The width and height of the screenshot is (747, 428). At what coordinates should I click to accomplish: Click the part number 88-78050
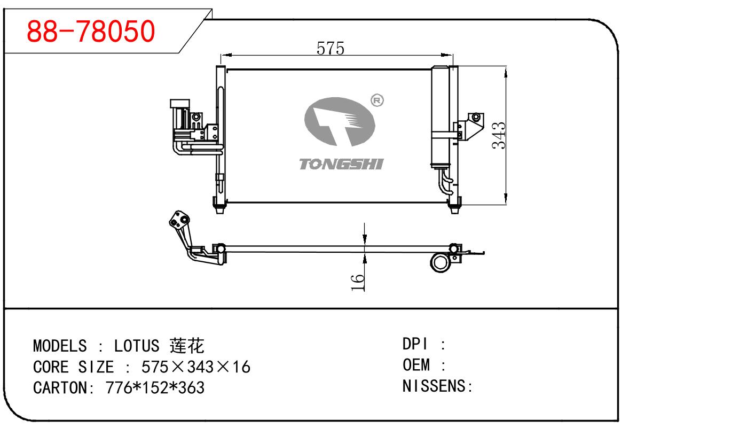coord(91,32)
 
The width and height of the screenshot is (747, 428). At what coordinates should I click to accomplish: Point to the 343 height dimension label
coord(498,136)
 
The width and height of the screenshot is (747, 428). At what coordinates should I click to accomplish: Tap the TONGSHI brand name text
coord(341,164)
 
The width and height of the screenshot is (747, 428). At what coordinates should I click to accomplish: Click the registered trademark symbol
coord(377,100)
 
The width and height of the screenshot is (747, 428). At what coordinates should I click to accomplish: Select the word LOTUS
coord(136,346)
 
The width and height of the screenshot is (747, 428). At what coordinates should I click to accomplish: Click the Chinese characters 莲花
coord(186,346)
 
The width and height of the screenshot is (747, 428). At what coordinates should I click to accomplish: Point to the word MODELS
coord(59,346)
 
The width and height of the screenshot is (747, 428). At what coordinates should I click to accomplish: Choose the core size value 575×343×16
coord(195,367)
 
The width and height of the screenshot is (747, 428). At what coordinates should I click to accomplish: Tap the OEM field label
coord(416,365)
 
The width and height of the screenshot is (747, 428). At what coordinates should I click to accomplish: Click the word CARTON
coord(60,387)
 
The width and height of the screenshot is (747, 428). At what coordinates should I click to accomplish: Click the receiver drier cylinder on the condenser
coord(439,118)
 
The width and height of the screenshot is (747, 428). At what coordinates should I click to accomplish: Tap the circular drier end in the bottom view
coord(442,263)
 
